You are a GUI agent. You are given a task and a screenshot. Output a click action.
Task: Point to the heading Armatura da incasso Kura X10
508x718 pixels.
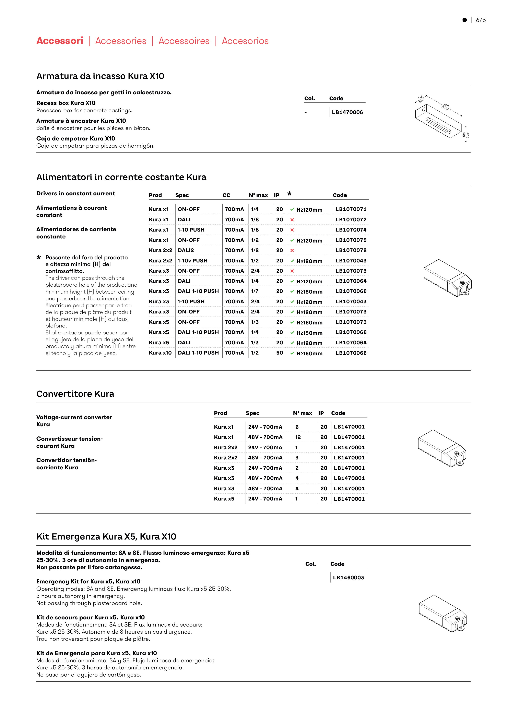[x=100, y=76]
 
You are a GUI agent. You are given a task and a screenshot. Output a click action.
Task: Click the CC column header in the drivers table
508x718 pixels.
[x=226, y=195]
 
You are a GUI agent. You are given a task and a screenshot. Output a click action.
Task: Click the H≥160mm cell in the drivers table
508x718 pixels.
[x=309, y=322]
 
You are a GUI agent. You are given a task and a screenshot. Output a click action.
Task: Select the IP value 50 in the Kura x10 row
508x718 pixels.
[x=280, y=353]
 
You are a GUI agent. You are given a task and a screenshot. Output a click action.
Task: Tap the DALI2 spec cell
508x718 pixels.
[x=186, y=250]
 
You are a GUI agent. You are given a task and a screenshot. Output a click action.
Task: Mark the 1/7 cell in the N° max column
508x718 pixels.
[x=255, y=291]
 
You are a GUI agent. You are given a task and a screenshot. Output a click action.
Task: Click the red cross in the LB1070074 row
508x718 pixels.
[x=292, y=230]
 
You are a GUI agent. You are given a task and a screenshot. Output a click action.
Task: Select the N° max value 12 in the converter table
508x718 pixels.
[x=298, y=437]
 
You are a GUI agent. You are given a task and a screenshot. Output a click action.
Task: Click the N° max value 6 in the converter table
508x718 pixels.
[x=297, y=427]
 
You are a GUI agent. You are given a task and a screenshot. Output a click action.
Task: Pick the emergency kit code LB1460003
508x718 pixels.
[x=348, y=578]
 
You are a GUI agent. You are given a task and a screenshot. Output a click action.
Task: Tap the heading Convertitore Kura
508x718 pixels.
[x=75, y=394]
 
